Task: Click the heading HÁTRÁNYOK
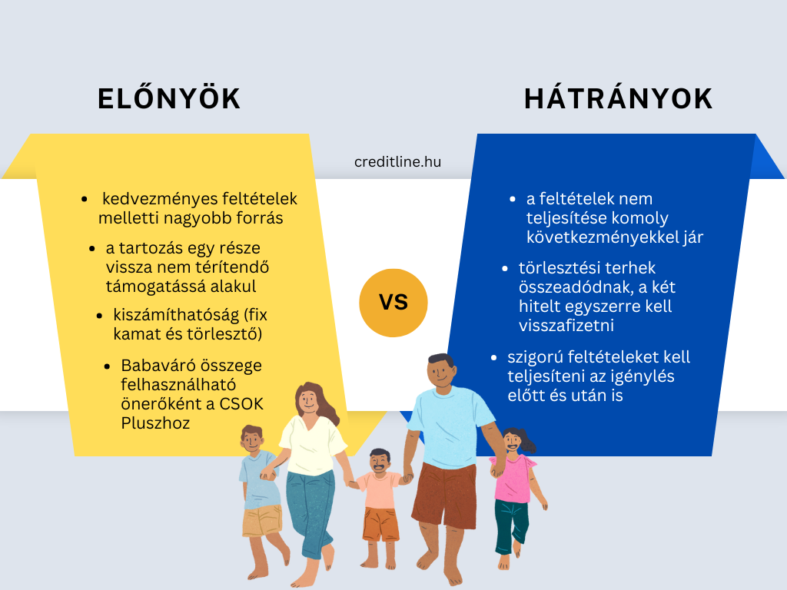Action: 619,98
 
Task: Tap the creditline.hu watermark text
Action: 397,161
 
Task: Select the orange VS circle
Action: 393,303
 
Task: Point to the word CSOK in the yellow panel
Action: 241,404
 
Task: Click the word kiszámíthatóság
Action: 176,315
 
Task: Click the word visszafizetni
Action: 566,326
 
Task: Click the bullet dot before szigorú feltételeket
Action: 494,358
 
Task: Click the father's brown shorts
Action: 445,496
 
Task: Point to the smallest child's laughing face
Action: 380,462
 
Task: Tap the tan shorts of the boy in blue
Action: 261,520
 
